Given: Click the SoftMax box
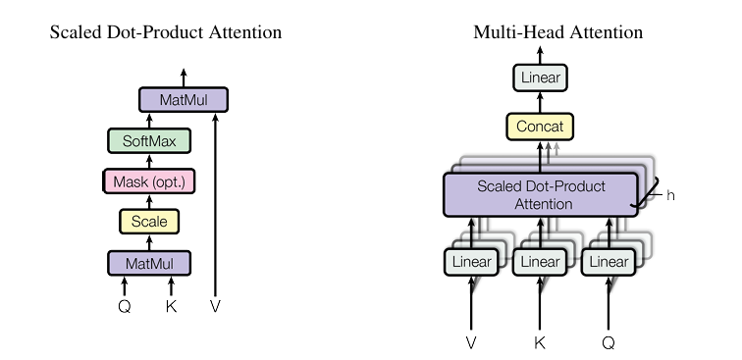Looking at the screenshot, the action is click(149, 141).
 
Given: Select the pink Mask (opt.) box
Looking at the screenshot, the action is click(149, 181).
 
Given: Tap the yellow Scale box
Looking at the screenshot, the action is click(149, 222).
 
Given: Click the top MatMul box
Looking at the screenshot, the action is click(184, 100).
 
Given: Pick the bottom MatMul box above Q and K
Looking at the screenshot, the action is click(149, 263).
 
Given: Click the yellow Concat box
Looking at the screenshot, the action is click(540, 127).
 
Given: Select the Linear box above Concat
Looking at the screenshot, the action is click(540, 77).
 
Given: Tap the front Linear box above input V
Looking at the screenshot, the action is click(471, 262).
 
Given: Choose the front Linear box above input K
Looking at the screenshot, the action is click(540, 262).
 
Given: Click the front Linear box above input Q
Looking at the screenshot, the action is click(609, 262).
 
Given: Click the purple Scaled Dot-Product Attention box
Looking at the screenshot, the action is click(541, 195).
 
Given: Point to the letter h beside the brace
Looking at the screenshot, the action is click(670, 195).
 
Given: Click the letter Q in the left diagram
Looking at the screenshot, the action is click(125, 307).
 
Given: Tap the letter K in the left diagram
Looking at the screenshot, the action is click(172, 307).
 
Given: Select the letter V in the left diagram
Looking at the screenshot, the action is click(215, 307).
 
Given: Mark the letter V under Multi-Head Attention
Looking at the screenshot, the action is click(471, 342).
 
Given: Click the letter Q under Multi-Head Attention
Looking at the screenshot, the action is click(609, 342).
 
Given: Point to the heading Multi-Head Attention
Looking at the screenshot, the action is click(557, 32).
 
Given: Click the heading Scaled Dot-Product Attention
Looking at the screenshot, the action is click(166, 32).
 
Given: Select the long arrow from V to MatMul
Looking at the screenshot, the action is click(215, 205).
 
